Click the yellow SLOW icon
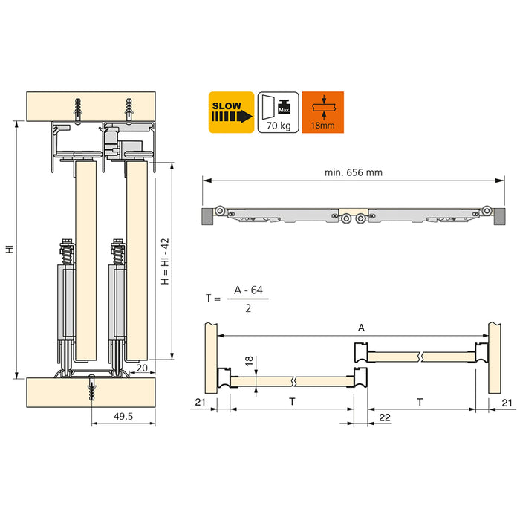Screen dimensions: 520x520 pos(232,112)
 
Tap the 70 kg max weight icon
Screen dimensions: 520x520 pos(278,112)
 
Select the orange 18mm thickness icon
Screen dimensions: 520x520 pos(323,112)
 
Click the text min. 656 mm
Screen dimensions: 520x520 pos(353,172)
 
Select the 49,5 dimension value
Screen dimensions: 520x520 pos(123,417)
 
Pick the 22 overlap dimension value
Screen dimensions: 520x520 pos(385,417)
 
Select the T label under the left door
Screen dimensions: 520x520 pos(292,401)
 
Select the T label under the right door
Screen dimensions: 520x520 pos(420,401)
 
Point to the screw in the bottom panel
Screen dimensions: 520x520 pos(92,389)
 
